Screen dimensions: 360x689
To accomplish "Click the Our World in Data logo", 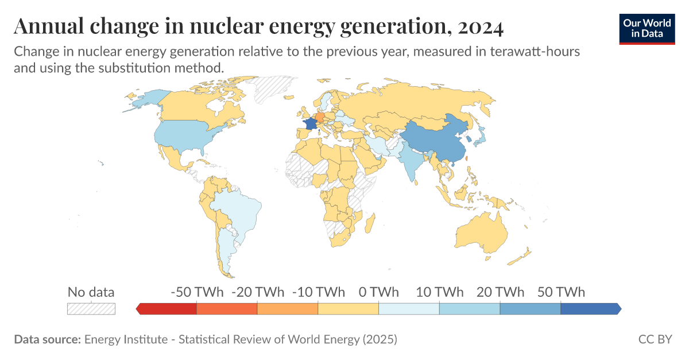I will (x=647, y=27).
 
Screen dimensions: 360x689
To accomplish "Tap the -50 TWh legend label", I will (x=196, y=292).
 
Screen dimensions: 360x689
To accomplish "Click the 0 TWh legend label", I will (x=378, y=292).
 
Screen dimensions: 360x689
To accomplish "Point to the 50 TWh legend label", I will (x=560, y=292).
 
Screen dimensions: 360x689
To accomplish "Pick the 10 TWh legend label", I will (x=439, y=292).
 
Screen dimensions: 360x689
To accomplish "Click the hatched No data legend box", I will (x=91, y=308).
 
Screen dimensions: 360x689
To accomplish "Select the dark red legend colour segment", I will (x=168, y=309).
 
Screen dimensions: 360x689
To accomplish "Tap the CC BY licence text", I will (x=655, y=339).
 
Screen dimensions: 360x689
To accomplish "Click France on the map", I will (x=311, y=124).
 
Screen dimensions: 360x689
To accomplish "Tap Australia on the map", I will (x=481, y=233).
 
